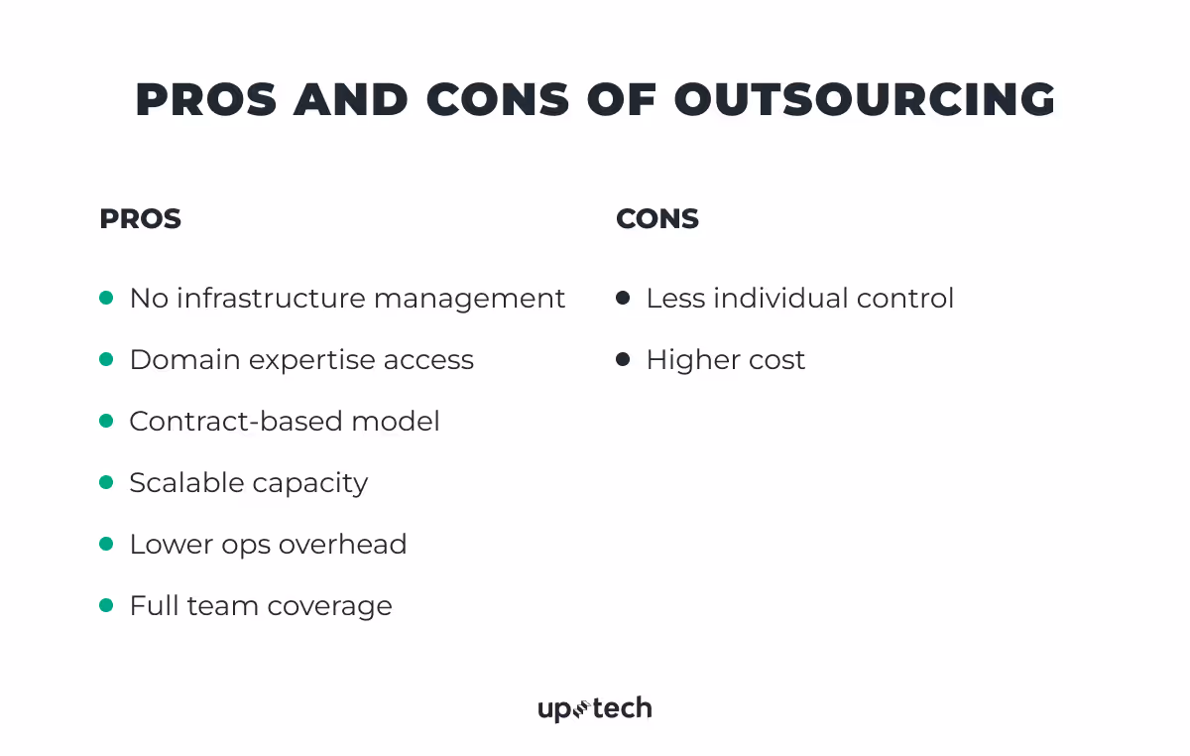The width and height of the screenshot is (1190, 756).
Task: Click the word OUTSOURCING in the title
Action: click(865, 100)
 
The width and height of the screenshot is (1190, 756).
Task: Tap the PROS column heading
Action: click(140, 219)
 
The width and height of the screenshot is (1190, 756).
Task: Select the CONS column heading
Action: click(657, 219)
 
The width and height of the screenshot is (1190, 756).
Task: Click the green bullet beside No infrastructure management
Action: click(107, 298)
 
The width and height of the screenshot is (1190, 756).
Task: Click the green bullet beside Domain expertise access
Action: click(107, 359)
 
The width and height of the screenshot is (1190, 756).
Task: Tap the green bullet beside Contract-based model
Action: click(107, 421)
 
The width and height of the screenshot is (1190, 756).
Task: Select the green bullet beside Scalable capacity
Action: click(107, 482)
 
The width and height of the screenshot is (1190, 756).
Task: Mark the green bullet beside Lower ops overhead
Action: click(107, 544)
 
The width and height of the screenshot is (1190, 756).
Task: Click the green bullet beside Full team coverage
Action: click(107, 605)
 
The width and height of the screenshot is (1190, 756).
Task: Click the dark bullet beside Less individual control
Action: click(623, 298)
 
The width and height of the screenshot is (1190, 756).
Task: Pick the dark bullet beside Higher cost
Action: click(623, 359)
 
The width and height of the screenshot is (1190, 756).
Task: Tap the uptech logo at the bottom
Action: click(595, 708)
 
